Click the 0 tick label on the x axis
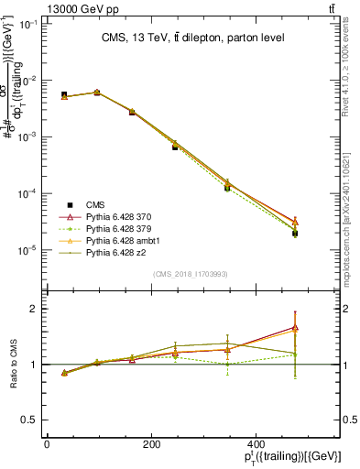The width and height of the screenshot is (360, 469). (x=47, y=444)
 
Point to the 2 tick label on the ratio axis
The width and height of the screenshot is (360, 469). (x=34, y=309)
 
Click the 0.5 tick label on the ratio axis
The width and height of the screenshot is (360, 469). (x=30, y=420)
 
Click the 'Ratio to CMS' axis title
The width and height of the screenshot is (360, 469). (x=13, y=364)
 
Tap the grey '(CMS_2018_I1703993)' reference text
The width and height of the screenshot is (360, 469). (x=191, y=274)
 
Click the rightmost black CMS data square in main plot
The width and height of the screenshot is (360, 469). (x=295, y=234)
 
